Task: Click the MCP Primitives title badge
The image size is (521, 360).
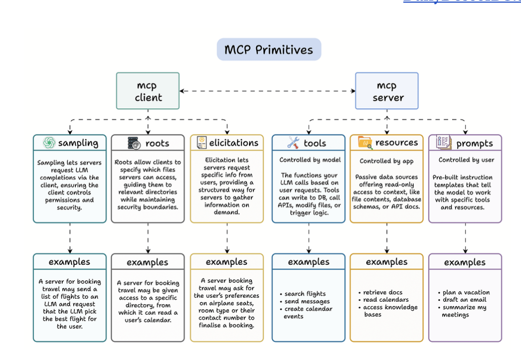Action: [268, 50]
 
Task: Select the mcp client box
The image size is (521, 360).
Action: [148, 91]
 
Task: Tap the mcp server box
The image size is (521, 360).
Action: [387, 91]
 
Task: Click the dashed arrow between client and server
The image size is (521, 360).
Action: [267, 91]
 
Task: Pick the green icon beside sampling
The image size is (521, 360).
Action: [49, 143]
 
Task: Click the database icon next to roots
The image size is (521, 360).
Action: [134, 143]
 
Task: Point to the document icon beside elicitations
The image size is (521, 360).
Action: [202, 143]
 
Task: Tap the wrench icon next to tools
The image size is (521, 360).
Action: [293, 143]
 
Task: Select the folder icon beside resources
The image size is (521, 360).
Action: [365, 143]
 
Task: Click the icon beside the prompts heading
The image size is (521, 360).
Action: [443, 143]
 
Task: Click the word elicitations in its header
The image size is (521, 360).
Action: [234, 143]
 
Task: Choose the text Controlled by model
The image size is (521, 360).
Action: [310, 160]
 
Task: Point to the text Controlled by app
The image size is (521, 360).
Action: [386, 161]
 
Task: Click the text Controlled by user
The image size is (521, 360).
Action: [466, 160]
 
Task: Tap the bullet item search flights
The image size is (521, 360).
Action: [305, 294]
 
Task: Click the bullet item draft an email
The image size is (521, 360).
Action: [464, 300]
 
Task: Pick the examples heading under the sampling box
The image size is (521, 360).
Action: [69, 262]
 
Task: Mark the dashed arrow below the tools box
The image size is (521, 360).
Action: [308, 238]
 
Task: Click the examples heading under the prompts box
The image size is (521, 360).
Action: [465, 262]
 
